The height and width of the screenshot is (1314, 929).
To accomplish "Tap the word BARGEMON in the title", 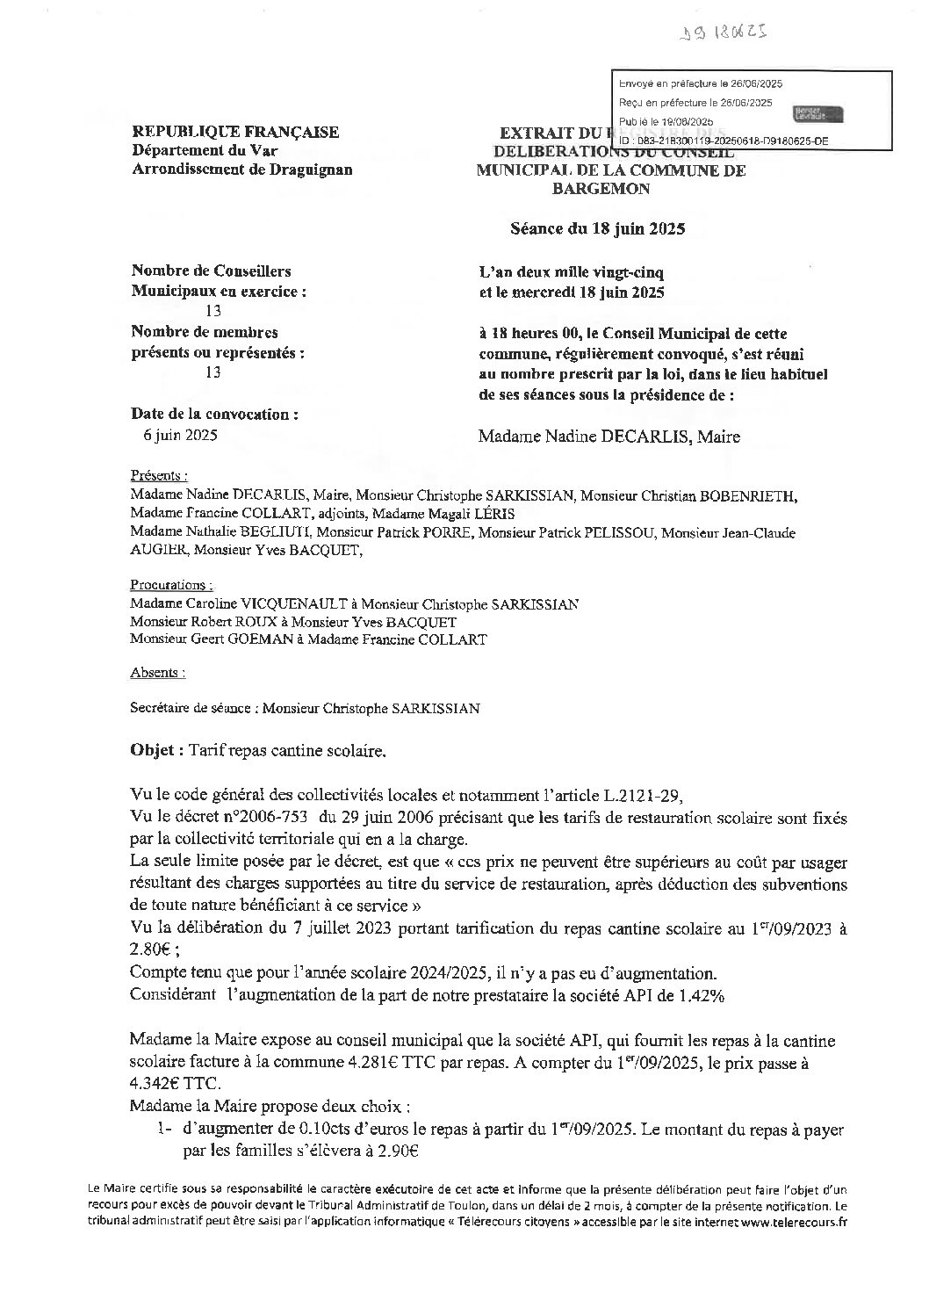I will click(x=613, y=188).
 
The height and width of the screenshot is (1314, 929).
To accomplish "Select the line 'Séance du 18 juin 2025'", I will click(x=597, y=229).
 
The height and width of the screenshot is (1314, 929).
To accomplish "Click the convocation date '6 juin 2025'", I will click(x=180, y=435).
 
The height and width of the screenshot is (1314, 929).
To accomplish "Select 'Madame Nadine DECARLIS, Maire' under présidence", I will click(x=609, y=437).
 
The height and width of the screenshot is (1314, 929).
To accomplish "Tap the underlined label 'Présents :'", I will click(x=158, y=475).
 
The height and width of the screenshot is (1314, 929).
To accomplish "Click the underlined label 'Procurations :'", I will click(x=170, y=584).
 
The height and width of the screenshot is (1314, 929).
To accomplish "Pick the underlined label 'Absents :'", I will click(x=157, y=673).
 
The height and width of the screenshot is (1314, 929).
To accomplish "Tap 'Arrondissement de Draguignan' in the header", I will click(x=241, y=170).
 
